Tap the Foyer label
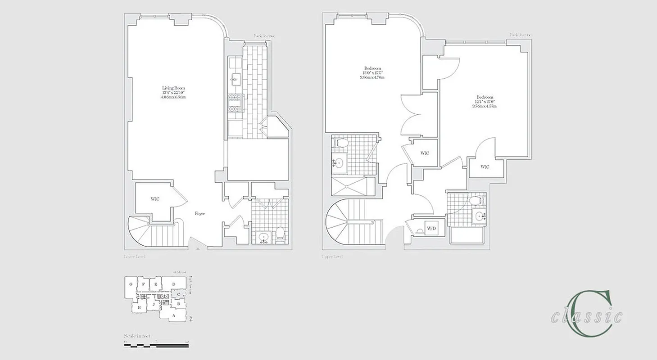point(200,213)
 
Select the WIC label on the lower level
point(155,199)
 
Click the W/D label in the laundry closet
point(431,229)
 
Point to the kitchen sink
point(236,79)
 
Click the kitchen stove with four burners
point(236,103)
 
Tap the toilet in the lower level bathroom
point(280,234)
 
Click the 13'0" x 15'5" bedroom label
point(372,72)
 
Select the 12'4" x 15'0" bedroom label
point(485,102)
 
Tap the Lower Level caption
point(135,256)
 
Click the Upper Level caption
point(332,256)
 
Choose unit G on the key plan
point(131,284)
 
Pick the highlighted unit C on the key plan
point(179,294)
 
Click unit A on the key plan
point(174,316)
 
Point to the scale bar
point(156,346)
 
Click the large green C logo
point(590,313)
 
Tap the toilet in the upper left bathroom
point(342,143)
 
